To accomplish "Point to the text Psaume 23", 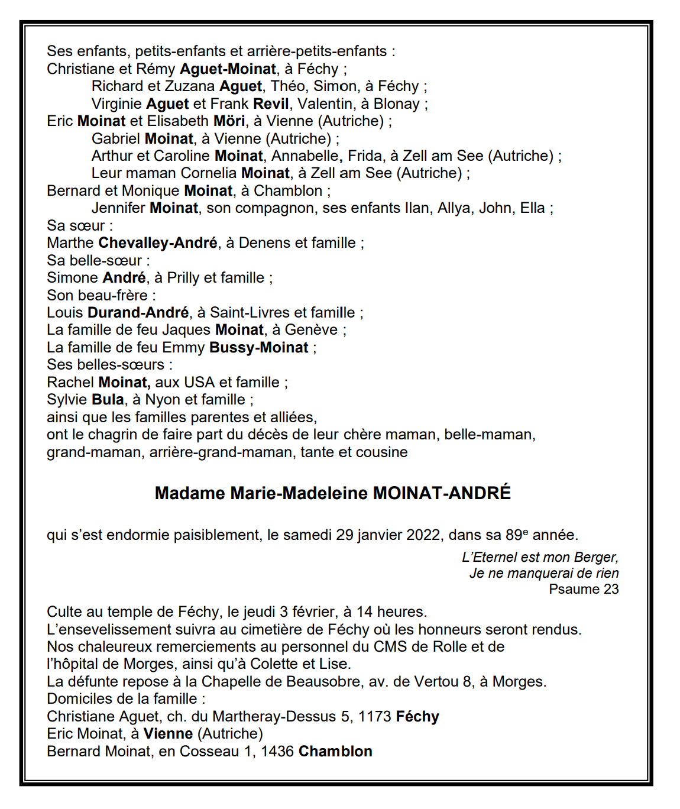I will point(584,589).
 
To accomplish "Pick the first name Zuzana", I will point(189,86).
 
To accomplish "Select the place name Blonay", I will point(396,104).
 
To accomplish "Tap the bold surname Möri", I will point(229,121).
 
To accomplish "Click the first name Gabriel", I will point(116,139).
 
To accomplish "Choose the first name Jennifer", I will point(118,208).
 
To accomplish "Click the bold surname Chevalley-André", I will point(158,243).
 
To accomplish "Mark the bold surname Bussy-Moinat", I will point(259,348).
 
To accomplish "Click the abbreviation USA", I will point(199,383).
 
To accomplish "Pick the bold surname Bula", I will point(108,400).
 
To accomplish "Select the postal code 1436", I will point(277,752).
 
